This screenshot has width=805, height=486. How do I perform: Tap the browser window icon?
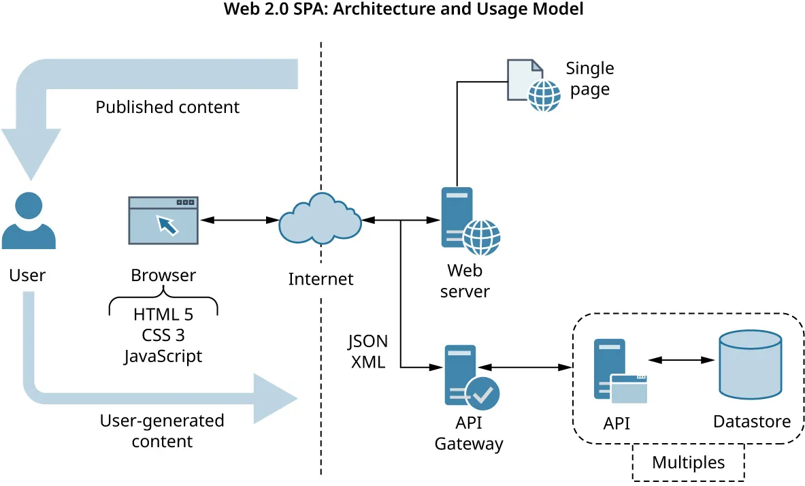coord(163,221)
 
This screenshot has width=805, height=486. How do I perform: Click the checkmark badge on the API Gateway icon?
coord(482,393)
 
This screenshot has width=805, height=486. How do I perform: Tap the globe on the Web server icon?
coord(481,237)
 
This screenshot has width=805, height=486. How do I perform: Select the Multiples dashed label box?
coord(688,463)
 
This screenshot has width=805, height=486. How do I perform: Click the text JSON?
coord(367,342)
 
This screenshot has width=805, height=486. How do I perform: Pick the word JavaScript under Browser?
coord(163,356)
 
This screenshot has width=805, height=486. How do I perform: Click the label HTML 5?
coord(163,315)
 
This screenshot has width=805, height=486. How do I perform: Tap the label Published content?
coord(167,108)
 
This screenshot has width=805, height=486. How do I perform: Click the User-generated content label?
coord(162,431)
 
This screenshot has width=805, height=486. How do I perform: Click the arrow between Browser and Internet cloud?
coord(237,219)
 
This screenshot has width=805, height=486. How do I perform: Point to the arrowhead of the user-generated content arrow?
coord(279,398)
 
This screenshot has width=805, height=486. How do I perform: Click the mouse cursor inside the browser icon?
coord(167,225)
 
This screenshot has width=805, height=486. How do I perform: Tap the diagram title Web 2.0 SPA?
coord(402,10)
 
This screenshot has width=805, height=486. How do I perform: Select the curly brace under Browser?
coord(163,300)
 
